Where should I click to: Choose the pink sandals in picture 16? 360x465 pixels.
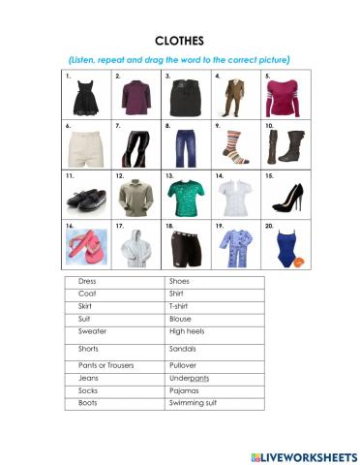tap(85, 246)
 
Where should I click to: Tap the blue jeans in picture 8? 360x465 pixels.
tap(185, 146)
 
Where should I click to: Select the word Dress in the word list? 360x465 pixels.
tap(88, 282)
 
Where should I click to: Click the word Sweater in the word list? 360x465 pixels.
tap(92, 330)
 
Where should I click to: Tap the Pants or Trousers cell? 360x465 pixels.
tap(105, 365)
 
